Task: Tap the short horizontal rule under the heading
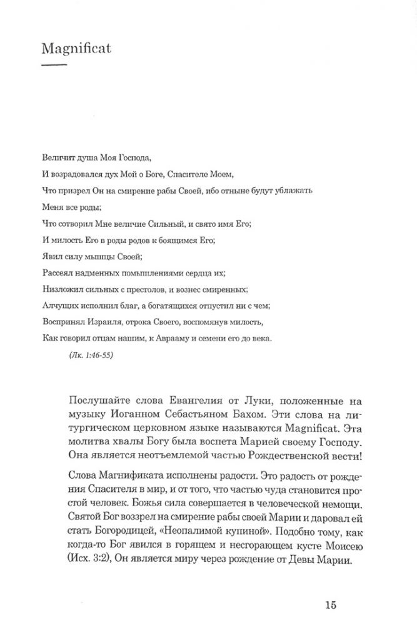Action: coord(53,64)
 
